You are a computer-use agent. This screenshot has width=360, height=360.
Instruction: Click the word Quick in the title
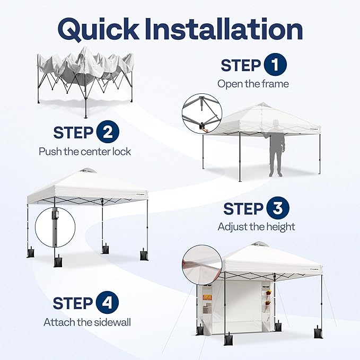tap(98, 30)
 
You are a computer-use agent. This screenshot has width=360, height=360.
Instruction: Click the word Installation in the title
tap(224, 29)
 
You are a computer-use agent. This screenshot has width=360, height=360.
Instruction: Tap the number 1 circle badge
tap(275, 65)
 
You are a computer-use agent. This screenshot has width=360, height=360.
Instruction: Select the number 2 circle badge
tap(108, 132)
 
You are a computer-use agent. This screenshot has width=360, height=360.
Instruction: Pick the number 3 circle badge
tap(278, 208)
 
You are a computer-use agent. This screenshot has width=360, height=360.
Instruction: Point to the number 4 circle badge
tap(107, 302)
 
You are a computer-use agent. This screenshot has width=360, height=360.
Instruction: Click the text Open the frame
tap(253, 84)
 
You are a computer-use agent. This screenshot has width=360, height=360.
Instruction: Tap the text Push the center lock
tap(85, 152)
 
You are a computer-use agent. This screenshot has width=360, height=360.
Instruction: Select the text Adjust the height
tap(256, 227)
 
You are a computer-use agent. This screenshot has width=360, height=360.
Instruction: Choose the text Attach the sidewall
tap(87, 322)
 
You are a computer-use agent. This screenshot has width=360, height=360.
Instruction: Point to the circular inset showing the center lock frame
tap(202, 113)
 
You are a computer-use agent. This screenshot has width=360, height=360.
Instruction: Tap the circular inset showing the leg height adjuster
tap(55, 227)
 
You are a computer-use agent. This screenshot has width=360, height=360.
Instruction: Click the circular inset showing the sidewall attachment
tap(202, 265)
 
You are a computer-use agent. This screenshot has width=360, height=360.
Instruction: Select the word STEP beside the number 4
tap(73, 303)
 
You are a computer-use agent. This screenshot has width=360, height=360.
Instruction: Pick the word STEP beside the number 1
tap(241, 65)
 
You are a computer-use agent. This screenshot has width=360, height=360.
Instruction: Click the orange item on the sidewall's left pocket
tap(207, 297)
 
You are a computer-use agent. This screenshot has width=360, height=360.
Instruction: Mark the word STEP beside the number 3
tap(243, 209)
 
